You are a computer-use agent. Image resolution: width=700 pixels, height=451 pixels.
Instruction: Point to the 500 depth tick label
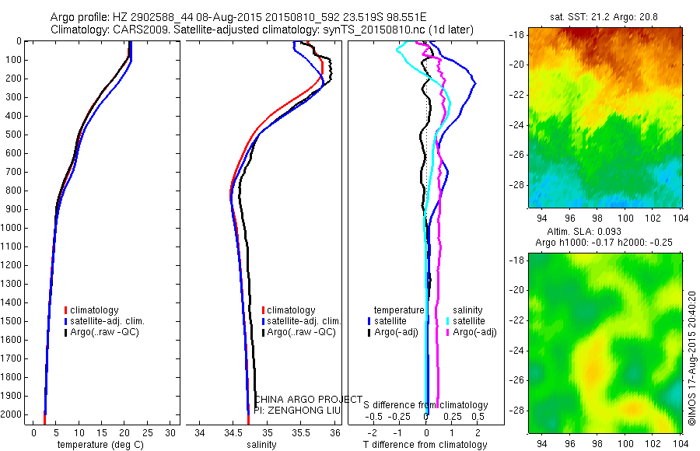click(x=12, y=135)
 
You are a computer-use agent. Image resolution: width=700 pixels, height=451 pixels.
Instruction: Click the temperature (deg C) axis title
click(x=98, y=445)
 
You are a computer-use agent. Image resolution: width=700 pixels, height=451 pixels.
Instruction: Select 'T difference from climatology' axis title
click(x=426, y=445)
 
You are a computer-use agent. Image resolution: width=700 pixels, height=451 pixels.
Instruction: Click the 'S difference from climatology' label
click(x=426, y=405)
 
